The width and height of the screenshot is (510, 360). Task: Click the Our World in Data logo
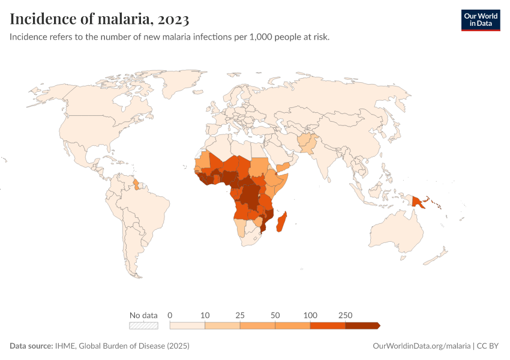point(480,20)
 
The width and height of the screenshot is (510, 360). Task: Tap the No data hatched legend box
point(144,326)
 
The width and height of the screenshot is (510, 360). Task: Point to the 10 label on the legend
point(205,315)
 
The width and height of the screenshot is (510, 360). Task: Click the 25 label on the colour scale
point(240,315)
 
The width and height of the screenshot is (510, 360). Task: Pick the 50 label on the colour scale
point(275,315)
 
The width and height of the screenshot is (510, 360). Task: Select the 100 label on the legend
point(310,315)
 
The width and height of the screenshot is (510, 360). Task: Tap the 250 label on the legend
point(346,315)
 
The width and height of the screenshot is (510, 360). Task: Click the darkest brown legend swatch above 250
point(362,326)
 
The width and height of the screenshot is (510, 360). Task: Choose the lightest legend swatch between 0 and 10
point(188,326)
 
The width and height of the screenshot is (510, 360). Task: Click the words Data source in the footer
point(30,346)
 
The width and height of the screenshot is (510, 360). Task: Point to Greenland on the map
point(180,84)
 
